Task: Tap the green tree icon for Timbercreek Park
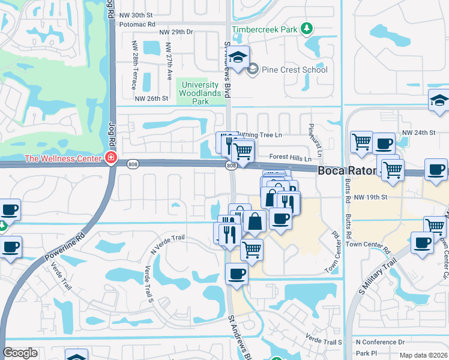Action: (307, 28)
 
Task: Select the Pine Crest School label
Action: (294, 70)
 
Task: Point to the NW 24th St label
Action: (418, 133)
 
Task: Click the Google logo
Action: (20, 352)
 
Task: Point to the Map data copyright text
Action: (423, 355)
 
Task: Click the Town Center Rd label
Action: (368, 245)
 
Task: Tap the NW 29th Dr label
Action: (176, 32)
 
